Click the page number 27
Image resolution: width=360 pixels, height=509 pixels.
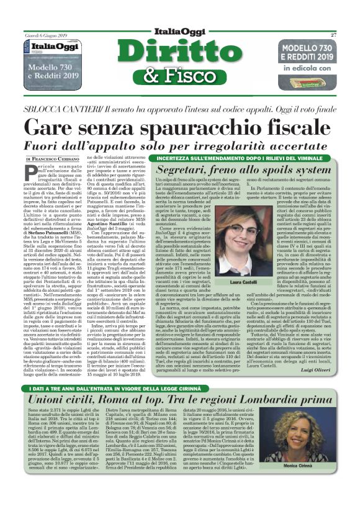pos(333,35)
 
